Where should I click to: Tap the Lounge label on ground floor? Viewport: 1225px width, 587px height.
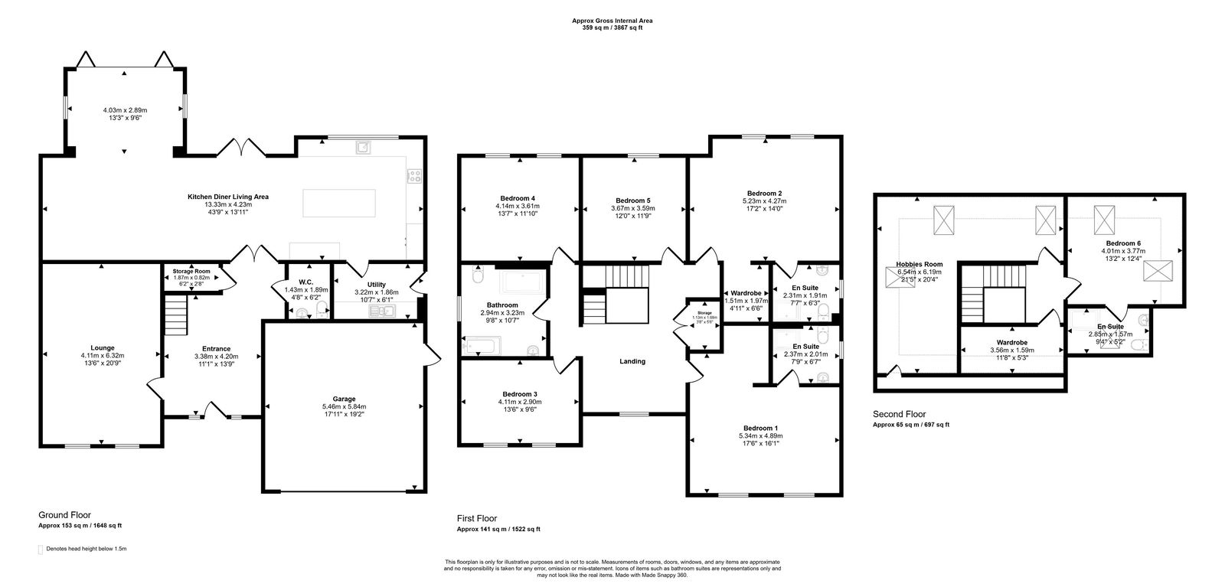pyautogui.click(x=102, y=347)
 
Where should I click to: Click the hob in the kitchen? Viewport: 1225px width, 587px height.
pyautogui.click(x=415, y=176)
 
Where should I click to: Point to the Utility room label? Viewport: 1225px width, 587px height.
pyautogui.click(x=376, y=284)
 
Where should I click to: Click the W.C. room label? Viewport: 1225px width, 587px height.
pyautogui.click(x=305, y=281)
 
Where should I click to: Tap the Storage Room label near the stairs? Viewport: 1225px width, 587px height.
pyautogui.click(x=191, y=270)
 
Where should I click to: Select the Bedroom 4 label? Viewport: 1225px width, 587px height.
pyautogui.click(x=518, y=198)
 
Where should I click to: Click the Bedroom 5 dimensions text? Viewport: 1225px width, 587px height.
pyautogui.click(x=632, y=208)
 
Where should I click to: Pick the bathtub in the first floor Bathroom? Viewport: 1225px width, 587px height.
pyautogui.click(x=524, y=284)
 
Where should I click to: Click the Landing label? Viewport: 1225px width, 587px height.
pyautogui.click(x=632, y=361)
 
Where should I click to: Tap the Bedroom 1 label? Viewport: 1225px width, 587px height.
pyautogui.click(x=761, y=428)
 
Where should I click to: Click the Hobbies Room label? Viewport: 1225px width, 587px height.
pyautogui.click(x=920, y=264)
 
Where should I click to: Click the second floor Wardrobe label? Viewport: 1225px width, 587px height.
pyautogui.click(x=1011, y=342)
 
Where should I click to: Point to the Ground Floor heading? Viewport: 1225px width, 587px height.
pyautogui.click(x=64, y=515)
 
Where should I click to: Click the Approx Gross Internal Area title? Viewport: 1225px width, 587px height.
pyautogui.click(x=612, y=21)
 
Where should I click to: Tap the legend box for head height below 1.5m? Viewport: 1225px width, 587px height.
pyautogui.click(x=41, y=549)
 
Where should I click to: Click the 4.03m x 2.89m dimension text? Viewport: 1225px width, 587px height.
pyautogui.click(x=125, y=110)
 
